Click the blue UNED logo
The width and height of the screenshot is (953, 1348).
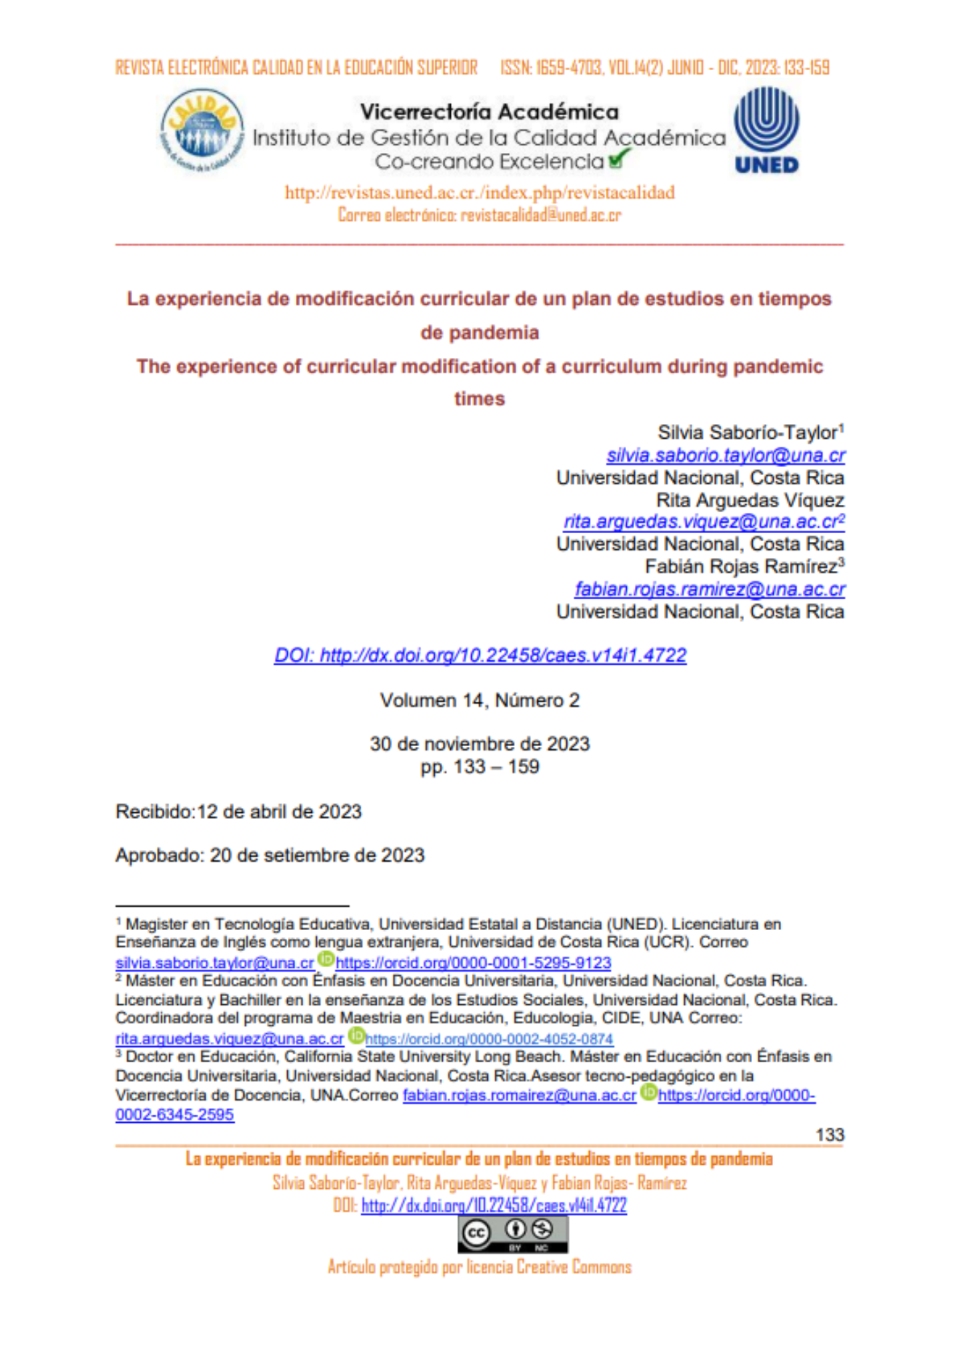(x=766, y=129)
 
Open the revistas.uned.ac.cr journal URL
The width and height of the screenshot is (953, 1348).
(x=479, y=193)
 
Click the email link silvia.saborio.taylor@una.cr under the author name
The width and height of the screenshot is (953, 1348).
(x=725, y=456)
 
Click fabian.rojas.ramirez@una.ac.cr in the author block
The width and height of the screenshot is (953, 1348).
(x=709, y=589)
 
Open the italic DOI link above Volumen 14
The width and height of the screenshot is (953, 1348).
(x=480, y=655)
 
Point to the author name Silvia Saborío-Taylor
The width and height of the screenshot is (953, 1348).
(x=748, y=433)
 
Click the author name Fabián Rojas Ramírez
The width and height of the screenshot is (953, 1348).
(x=741, y=566)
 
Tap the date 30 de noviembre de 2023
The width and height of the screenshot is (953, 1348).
(x=479, y=744)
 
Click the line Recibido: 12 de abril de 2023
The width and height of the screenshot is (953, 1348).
(x=239, y=811)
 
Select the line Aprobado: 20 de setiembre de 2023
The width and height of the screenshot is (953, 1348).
(x=270, y=855)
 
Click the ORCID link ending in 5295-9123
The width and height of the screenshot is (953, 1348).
(x=473, y=963)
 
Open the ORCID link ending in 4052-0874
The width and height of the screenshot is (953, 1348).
(x=489, y=1039)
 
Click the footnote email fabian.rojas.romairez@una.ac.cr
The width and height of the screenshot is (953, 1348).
(x=519, y=1096)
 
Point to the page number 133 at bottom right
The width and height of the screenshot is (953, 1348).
(x=829, y=1135)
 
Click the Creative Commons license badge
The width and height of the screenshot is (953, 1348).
(x=513, y=1235)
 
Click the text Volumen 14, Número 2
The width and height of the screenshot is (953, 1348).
(x=479, y=701)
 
